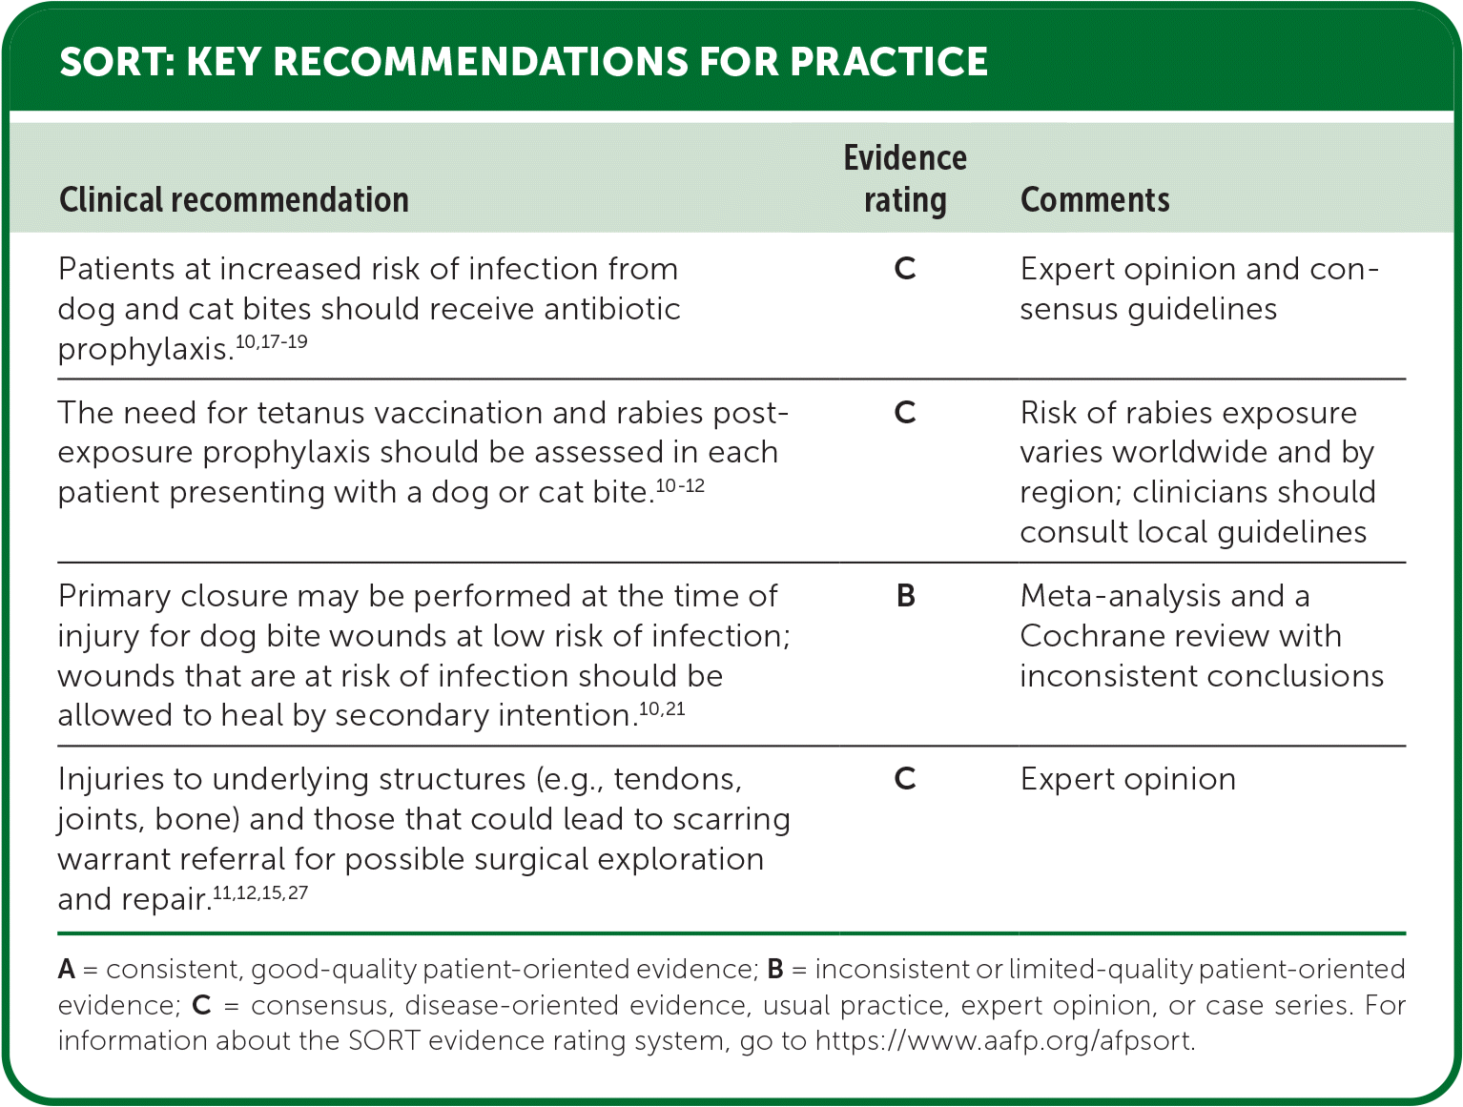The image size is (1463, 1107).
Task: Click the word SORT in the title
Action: click(x=116, y=62)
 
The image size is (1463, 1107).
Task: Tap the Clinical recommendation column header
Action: click(x=234, y=200)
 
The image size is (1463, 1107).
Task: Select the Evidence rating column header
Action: click(x=905, y=178)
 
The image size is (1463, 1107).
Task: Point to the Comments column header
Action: click(x=1095, y=200)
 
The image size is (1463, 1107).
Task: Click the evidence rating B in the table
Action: click(x=906, y=596)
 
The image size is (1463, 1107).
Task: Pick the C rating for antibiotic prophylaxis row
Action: click(x=905, y=269)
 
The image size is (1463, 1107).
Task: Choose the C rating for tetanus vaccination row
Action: click(x=905, y=413)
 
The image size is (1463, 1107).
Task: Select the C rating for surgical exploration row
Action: click(x=905, y=779)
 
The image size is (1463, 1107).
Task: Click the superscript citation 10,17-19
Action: click(x=271, y=342)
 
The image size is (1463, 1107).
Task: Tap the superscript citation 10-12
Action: click(x=680, y=485)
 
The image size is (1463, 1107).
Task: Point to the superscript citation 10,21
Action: click(x=662, y=708)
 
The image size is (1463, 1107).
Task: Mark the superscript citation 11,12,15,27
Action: click(x=260, y=892)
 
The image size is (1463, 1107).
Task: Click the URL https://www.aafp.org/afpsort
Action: click(x=1005, y=1041)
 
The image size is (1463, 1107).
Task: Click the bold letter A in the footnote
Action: click(x=67, y=969)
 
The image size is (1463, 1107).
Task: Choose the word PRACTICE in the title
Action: click(x=889, y=62)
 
